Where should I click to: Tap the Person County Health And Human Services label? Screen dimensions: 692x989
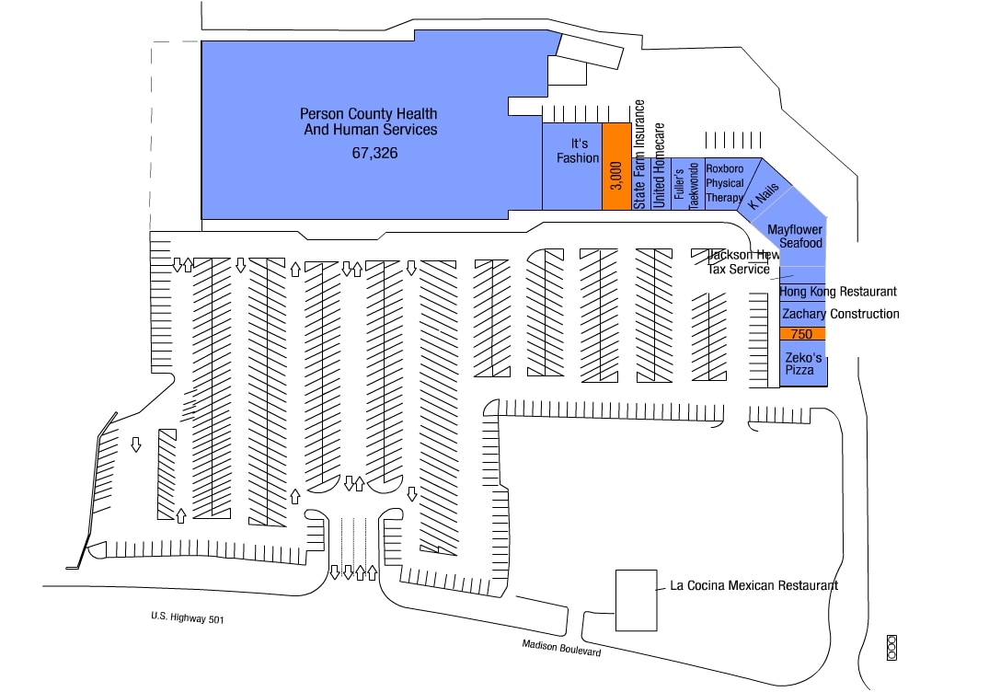(369, 121)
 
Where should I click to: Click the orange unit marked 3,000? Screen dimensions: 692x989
(615, 167)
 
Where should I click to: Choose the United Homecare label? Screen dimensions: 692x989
(659, 165)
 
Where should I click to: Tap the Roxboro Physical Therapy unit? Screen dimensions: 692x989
(724, 183)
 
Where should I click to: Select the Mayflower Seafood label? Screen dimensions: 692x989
(795, 236)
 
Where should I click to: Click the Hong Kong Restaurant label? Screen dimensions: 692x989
(837, 292)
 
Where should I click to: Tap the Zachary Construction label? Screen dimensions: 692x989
(840, 314)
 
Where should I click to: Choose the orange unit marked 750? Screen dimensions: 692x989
(801, 334)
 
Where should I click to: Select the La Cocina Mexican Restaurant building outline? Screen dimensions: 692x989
(636, 600)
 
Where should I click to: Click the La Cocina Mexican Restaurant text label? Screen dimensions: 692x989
(753, 585)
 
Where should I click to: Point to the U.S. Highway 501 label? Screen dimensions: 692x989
(188, 619)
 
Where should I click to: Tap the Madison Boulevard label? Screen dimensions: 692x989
(561, 648)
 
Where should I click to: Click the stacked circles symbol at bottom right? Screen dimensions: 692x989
(891, 647)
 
